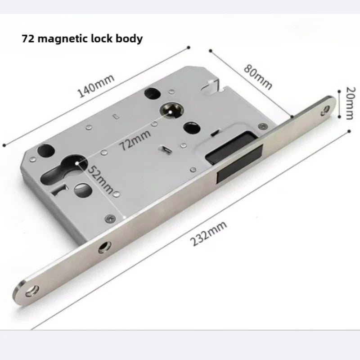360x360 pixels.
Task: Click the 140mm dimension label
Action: pos(96,85)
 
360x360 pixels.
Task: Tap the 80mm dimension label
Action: pos(258,76)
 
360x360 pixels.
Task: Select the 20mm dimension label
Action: pos(351,103)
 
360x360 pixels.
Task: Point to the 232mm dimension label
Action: pos(208,233)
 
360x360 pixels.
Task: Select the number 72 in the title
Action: pos(28,39)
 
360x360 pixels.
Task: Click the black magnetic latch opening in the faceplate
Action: pos(239,164)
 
